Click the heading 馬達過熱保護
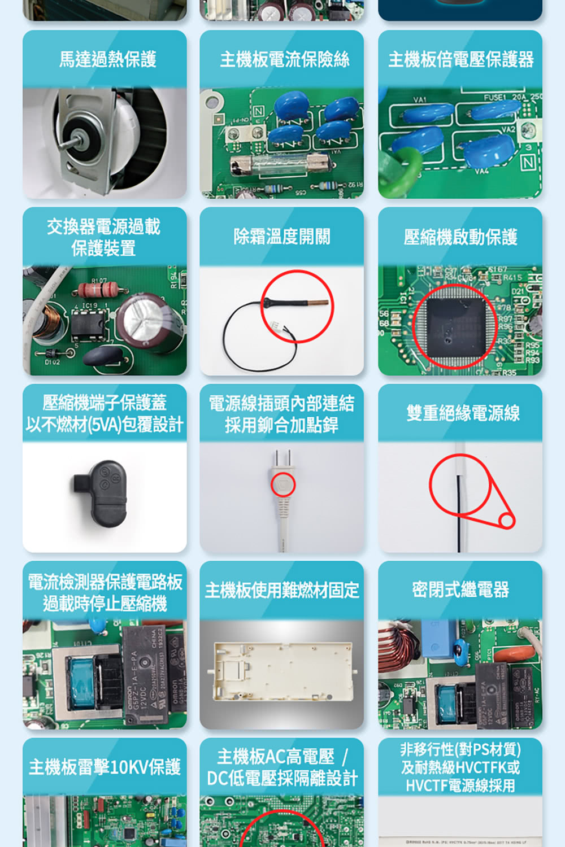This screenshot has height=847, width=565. pos(107,59)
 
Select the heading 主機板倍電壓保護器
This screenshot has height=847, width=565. pos(460,59)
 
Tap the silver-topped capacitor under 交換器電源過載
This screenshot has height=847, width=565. pos(146,318)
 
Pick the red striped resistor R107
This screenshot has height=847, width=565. pos(97,290)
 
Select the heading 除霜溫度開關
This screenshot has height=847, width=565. pos(281,236)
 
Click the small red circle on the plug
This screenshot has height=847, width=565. pos(283,484)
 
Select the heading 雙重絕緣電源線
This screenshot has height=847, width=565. pos(462,413)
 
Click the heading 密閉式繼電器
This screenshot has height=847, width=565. pos(460,590)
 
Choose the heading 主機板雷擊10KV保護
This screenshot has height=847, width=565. pos(105,767)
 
